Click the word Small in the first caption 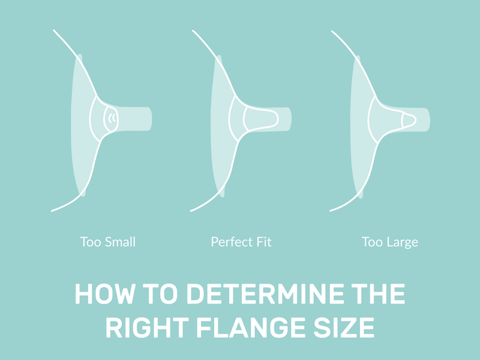(x=119, y=242)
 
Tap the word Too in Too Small (x=90, y=242)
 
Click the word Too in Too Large (x=371, y=242)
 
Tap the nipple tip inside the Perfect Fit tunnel (x=273, y=118)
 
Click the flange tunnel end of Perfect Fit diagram (x=289, y=118)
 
